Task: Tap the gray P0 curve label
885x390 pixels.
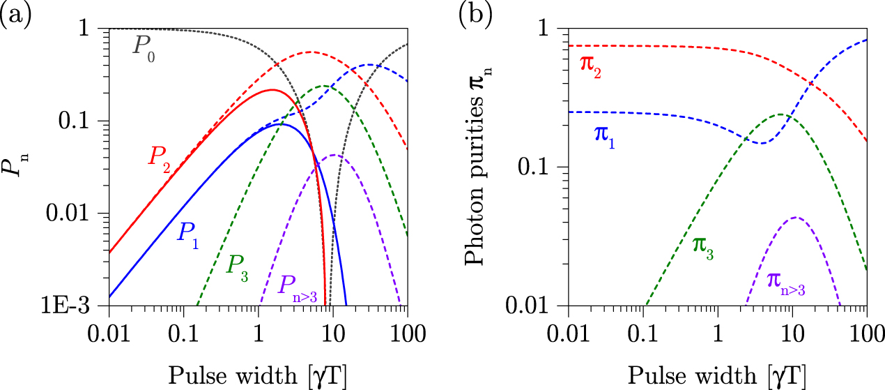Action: point(143,50)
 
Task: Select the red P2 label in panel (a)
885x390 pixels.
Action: point(159,157)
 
